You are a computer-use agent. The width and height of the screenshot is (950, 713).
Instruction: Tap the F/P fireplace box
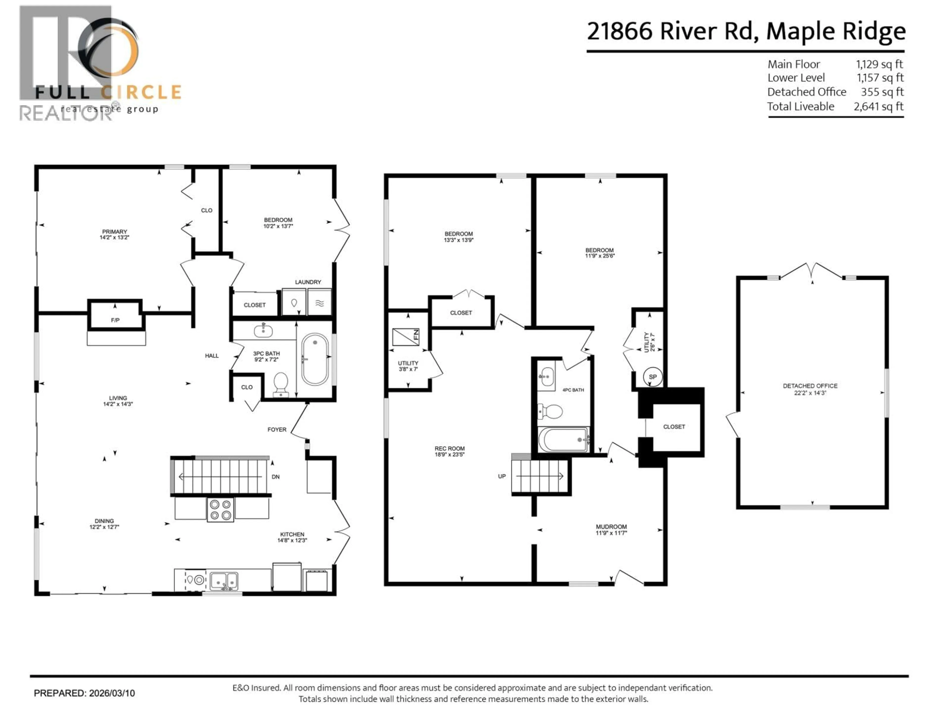[115, 320]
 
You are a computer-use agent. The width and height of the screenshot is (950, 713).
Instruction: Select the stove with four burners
[220, 510]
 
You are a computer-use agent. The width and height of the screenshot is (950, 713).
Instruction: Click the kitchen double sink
[224, 581]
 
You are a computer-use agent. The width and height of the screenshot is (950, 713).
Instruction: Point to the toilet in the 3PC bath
[281, 384]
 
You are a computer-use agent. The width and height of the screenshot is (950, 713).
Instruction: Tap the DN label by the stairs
[276, 477]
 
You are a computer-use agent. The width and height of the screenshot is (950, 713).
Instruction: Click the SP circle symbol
[652, 377]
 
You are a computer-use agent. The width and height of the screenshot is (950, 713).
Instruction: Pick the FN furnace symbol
[406, 337]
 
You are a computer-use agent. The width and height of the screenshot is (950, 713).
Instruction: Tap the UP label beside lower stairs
[502, 476]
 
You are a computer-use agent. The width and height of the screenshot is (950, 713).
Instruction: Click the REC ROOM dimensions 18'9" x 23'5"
[449, 454]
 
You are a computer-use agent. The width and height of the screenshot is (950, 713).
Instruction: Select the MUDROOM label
[611, 527]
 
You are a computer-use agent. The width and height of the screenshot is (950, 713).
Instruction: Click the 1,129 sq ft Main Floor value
[879, 64]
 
